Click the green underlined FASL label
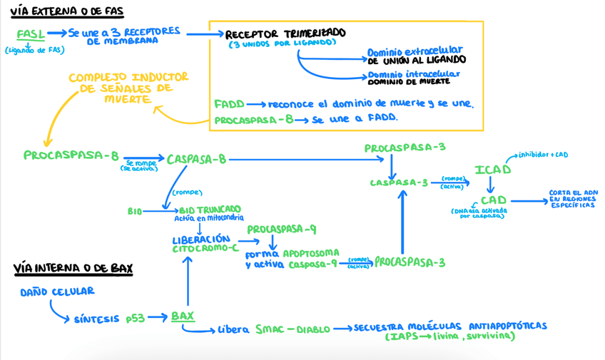[31, 34]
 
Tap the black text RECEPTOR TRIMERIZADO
[285, 34]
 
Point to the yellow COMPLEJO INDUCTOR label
[129, 77]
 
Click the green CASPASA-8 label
[196, 159]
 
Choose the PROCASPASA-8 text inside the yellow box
[253, 120]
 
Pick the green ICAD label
[493, 170]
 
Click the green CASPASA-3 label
[399, 182]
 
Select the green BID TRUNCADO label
[210, 210]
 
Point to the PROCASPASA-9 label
[282, 230]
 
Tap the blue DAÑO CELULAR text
[57, 292]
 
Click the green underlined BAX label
[182, 316]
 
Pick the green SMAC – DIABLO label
[293, 329]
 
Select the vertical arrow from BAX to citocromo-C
[188, 282]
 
